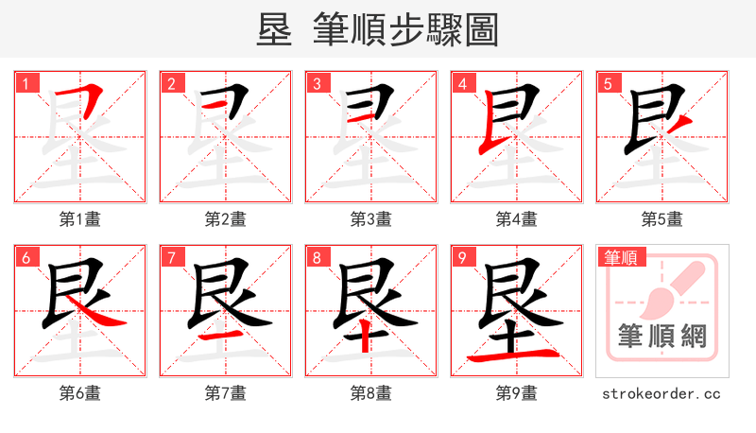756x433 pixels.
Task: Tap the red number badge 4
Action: point(463,83)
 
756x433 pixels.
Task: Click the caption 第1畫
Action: point(80,219)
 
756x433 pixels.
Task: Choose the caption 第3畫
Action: point(371,219)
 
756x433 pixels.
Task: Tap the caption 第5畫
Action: point(661,219)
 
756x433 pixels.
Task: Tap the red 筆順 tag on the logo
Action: point(620,256)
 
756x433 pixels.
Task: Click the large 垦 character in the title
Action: point(276,28)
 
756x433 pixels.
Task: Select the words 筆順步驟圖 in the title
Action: point(404,28)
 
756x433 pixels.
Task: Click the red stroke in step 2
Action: point(220,105)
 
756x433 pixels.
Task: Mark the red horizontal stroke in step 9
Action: point(516,356)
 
